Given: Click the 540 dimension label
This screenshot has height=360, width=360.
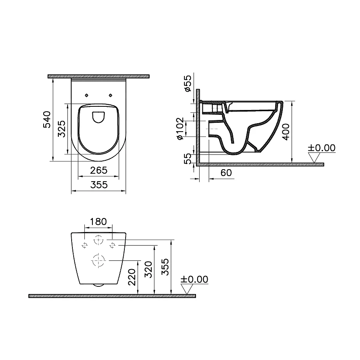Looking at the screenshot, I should (x=47, y=119).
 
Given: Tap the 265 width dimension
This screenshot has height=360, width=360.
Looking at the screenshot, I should (x=98, y=170).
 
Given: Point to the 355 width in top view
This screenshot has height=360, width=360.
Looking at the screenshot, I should (x=98, y=185).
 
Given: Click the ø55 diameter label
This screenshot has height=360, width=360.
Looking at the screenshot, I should (x=188, y=84).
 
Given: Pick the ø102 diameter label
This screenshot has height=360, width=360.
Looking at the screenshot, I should (x=180, y=128).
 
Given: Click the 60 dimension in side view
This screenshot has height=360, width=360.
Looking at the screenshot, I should (x=226, y=173).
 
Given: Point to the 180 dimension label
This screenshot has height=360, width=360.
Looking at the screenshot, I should (x=98, y=222).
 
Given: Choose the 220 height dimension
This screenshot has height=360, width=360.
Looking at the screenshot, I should (x=132, y=276).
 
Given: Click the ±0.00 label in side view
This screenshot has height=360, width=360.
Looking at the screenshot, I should (x=321, y=148).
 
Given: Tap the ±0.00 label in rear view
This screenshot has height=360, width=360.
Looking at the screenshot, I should (x=194, y=279).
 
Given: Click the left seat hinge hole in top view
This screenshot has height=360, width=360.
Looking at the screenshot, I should (x=86, y=95).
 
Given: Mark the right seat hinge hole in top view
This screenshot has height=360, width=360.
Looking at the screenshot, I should (x=111, y=95).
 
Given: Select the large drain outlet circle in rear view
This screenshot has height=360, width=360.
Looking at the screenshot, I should (x=98, y=260).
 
